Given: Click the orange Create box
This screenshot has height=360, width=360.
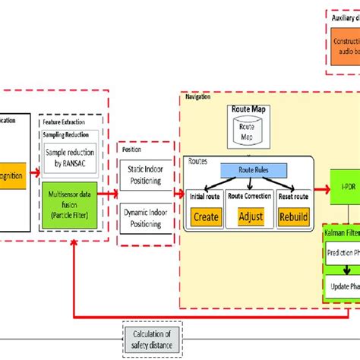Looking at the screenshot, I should click(207, 216).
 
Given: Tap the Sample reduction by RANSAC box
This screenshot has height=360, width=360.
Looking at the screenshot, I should click(71, 157).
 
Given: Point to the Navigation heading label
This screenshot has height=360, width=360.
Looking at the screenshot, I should click(199, 96).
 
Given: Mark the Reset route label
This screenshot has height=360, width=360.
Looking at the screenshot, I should click(293, 197).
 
